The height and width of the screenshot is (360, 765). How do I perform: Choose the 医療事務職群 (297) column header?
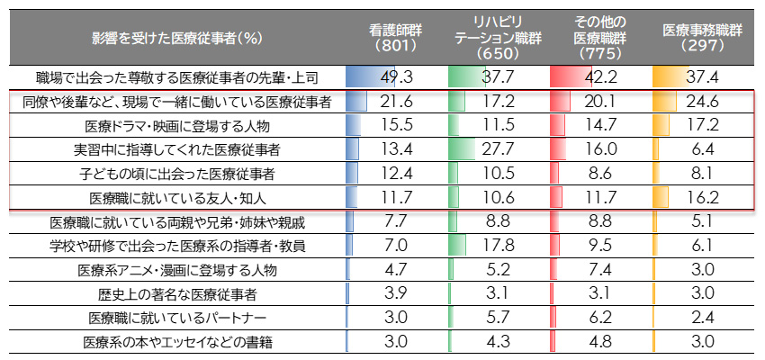702,37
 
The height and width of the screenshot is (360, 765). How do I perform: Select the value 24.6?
702,102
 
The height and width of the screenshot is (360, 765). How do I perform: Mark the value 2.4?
702,317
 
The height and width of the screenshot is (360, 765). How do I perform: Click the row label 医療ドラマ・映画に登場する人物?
176,125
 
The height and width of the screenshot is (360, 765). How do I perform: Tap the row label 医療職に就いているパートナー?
176,317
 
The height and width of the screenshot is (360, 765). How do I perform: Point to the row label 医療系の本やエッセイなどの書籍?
176,341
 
